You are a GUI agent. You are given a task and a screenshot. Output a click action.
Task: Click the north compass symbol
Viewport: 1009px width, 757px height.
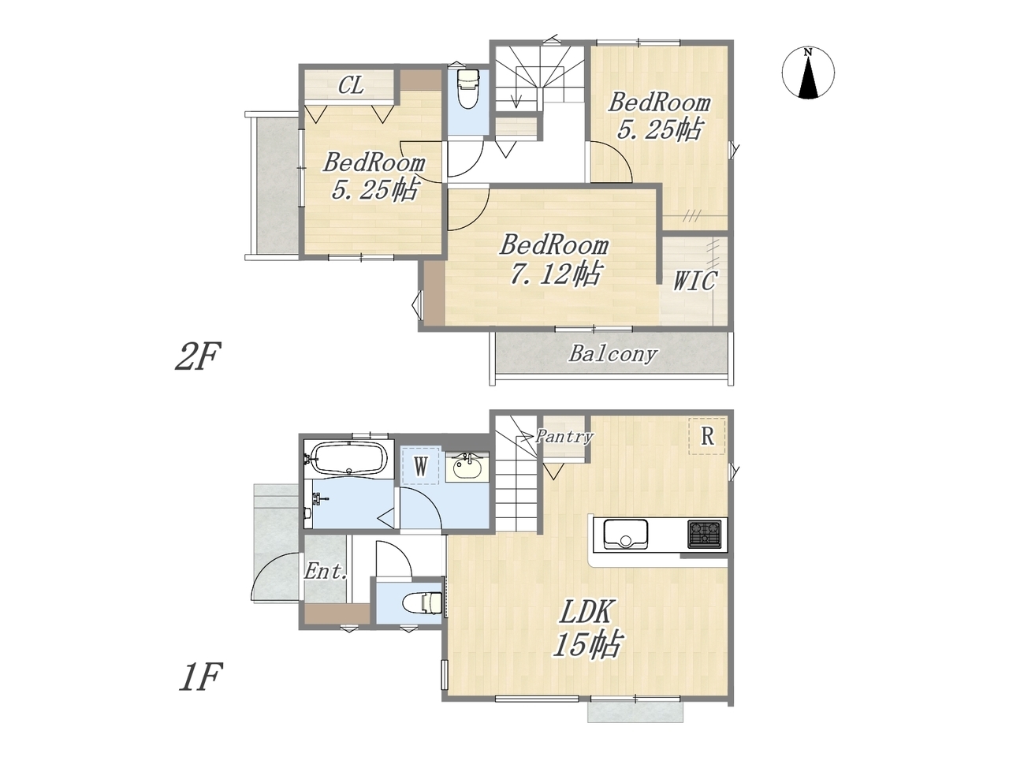[808, 73]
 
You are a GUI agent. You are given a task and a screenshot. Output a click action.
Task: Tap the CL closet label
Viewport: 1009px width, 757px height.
[352, 85]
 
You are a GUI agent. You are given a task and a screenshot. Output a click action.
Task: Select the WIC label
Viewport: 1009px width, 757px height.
[694, 281]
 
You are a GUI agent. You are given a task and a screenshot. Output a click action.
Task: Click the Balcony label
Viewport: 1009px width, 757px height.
[612, 354]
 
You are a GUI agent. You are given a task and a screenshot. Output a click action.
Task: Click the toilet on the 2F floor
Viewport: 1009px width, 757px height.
[468, 88]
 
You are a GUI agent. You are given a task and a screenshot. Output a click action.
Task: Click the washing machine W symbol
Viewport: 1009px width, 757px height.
[421, 468]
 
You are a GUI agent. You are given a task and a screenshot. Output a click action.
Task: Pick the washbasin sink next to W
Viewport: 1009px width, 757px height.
[467, 467]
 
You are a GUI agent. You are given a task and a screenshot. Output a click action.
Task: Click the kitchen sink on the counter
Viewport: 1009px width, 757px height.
[625, 533]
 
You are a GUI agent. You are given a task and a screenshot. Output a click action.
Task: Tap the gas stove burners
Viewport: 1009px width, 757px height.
[704, 534]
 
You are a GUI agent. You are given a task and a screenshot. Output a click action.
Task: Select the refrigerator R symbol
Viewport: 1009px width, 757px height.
[707, 437]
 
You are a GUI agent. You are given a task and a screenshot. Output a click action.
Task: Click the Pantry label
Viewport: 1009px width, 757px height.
[564, 436]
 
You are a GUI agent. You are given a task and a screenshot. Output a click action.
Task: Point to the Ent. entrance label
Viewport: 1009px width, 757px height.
[325, 572]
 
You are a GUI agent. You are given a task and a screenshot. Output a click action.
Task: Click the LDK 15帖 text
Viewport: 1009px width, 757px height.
[587, 628]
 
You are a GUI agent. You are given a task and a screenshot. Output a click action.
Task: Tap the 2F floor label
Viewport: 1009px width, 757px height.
[198, 355]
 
